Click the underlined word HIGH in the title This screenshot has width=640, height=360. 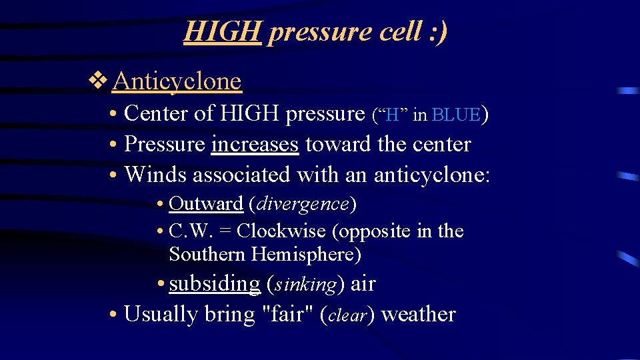[222, 31]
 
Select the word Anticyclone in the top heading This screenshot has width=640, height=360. [177, 81]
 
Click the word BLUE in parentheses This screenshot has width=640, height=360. [456, 115]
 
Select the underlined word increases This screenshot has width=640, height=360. [255, 144]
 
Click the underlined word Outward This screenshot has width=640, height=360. [206, 203]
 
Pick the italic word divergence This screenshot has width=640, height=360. [303, 203]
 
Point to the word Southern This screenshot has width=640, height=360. [208, 255]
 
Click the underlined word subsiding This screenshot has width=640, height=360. [214, 284]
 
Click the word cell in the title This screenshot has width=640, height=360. [393, 31]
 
